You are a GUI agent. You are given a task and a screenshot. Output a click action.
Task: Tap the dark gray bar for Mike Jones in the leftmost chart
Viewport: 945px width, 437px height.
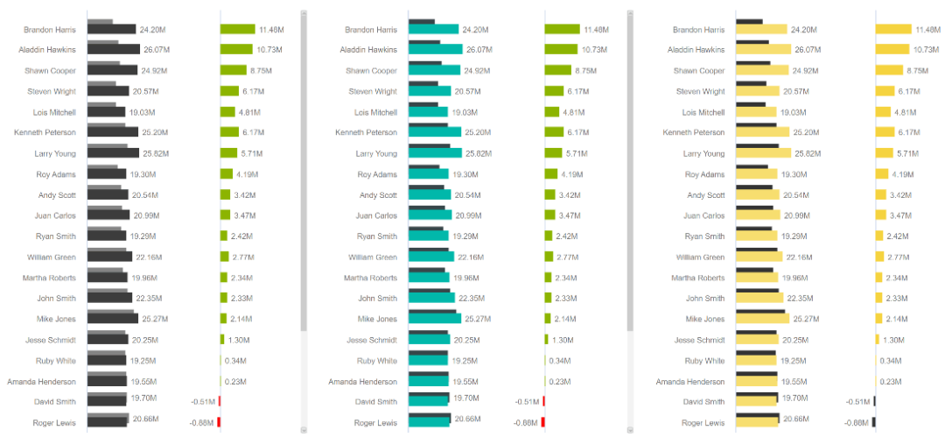click(113, 319)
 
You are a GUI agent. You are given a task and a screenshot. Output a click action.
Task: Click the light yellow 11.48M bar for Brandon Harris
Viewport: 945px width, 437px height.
click(893, 29)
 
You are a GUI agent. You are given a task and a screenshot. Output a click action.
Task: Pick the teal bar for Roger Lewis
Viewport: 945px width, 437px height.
click(429, 423)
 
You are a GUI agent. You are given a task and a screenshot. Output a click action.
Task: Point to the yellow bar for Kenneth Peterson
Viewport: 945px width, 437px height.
click(758, 133)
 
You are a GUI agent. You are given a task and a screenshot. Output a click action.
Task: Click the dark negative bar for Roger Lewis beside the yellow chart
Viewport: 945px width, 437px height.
click(873, 422)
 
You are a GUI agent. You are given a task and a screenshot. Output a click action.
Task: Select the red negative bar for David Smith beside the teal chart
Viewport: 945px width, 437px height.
click(543, 401)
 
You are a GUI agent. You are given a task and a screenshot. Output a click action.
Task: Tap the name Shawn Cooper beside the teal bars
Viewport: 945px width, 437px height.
click(371, 71)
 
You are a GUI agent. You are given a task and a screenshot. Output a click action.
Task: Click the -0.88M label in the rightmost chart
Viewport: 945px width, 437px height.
click(856, 423)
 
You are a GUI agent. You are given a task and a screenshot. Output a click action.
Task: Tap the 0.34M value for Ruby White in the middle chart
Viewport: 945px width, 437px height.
click(559, 361)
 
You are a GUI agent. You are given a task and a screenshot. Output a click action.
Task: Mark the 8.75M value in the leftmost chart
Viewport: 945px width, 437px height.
click(262, 71)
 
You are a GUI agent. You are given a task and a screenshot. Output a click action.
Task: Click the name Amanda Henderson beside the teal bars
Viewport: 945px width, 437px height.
click(363, 382)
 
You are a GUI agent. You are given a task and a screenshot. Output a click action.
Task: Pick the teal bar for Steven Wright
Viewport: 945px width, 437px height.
click(430, 91)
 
